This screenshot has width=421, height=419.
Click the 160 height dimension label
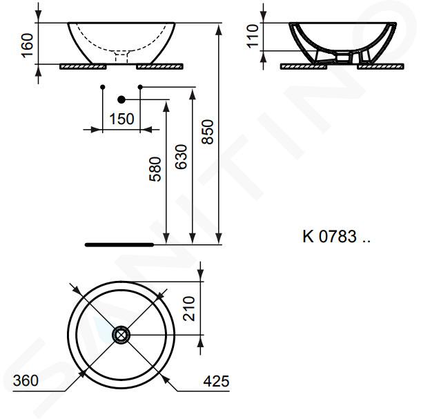point(28,46)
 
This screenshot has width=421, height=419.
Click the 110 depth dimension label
point(253,37)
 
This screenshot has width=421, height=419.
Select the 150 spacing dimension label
point(121,119)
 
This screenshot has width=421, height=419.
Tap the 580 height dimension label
point(155,169)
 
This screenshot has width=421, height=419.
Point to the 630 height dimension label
point(181,157)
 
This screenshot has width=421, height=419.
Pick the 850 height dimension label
point(208,132)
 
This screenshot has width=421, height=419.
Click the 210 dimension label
point(188,309)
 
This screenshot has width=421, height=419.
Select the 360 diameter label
point(26,380)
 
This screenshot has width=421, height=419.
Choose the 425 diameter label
point(217,381)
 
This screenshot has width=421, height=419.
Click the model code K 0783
point(330,236)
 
